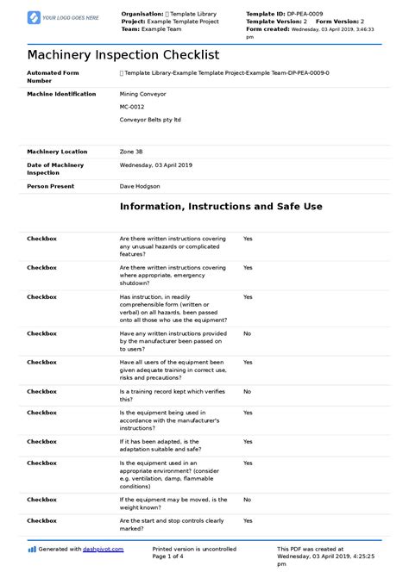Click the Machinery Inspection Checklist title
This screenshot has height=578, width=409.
pyautogui.click(x=123, y=54)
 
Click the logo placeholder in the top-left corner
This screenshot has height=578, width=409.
pyautogui.click(x=63, y=17)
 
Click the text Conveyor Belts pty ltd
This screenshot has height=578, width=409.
pyautogui.click(x=151, y=120)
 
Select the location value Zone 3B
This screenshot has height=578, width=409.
pyautogui.click(x=133, y=152)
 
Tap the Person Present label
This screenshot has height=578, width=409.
pyautogui.click(x=50, y=185)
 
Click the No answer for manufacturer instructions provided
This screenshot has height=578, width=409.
pyautogui.click(x=247, y=333)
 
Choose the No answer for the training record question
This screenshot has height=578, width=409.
pyautogui.click(x=247, y=391)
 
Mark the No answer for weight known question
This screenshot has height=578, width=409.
pyautogui.click(x=247, y=500)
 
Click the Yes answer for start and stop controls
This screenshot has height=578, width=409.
pyautogui.click(x=248, y=520)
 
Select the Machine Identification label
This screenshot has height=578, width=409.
pyautogui.click(x=61, y=93)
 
